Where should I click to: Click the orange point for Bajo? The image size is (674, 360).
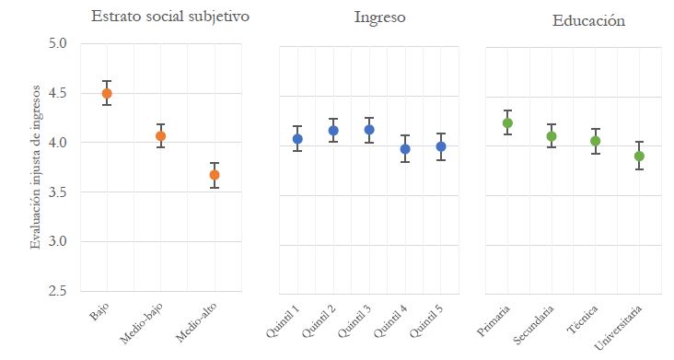pyautogui.click(x=107, y=93)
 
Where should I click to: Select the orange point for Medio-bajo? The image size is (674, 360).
pyautogui.click(x=160, y=136)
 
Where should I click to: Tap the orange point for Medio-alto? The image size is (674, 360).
pyautogui.click(x=215, y=175)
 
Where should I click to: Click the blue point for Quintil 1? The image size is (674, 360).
pyautogui.click(x=297, y=139)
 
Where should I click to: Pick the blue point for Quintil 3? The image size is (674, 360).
pyautogui.click(x=369, y=130)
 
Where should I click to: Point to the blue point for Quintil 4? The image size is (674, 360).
pyautogui.click(x=405, y=148)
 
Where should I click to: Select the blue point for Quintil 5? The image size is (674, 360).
pyautogui.click(x=441, y=146)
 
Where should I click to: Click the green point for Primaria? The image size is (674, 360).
pyautogui.click(x=507, y=122)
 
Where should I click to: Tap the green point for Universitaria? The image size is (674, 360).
pyautogui.click(x=639, y=156)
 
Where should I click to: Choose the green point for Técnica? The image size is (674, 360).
pyautogui.click(x=596, y=141)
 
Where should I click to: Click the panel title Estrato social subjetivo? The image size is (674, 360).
pyautogui.click(x=169, y=16)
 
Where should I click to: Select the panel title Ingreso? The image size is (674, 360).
pyautogui.click(x=379, y=17)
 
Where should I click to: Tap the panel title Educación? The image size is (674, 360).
pyautogui.click(x=588, y=19)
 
